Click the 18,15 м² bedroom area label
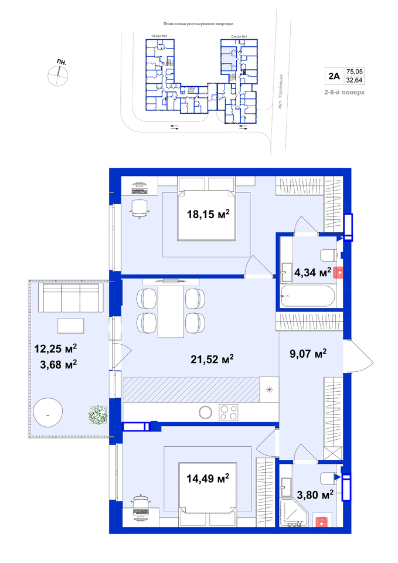pos(208,215)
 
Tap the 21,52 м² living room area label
pos(212,359)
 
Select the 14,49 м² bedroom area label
pos(208,479)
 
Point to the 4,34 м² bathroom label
pos(312,273)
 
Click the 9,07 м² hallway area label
pos(308,354)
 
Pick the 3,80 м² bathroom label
pos(315,495)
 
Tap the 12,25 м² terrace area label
pos(56,348)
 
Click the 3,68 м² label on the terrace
pos(59,365)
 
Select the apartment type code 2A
pos(334,76)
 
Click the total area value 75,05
pos(354,72)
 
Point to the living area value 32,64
pos(354,80)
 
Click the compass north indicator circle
pos(58,76)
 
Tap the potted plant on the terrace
pos(98,415)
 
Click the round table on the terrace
pos(47,412)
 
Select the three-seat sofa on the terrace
pos(71,298)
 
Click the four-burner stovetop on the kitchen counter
pos(229,412)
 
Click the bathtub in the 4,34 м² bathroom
pos(308,296)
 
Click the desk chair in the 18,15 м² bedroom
pos(139,208)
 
